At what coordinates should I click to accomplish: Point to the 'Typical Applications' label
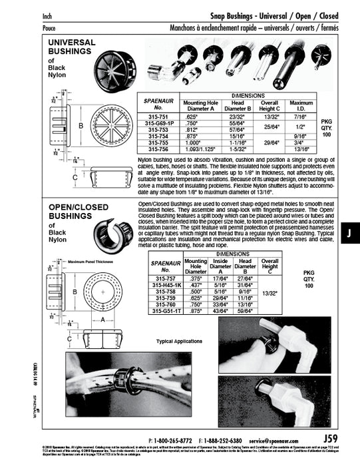point(178,341)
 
